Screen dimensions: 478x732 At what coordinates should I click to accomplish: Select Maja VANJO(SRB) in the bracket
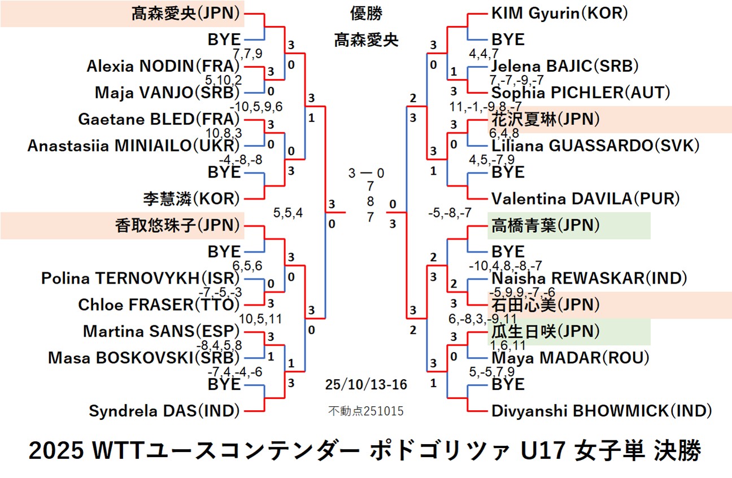click(167, 92)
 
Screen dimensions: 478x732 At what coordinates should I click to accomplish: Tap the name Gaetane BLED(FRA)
click(159, 119)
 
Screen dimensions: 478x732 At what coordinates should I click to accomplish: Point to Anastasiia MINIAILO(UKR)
click(134, 145)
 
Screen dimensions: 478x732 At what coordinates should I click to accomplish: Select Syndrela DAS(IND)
click(164, 411)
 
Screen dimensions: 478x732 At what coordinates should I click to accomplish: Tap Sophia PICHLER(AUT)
click(581, 92)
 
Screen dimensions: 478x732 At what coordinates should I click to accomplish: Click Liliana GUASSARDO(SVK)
click(595, 145)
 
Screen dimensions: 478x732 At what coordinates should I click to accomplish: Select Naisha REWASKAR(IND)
click(589, 278)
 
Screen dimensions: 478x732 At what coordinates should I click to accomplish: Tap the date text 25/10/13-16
click(366, 385)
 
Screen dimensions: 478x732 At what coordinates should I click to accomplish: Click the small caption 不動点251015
click(366, 411)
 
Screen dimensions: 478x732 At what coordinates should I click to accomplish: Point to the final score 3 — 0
click(366, 173)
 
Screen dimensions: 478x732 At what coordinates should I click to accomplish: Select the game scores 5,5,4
click(288, 213)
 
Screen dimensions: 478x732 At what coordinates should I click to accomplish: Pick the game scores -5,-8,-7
click(450, 213)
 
